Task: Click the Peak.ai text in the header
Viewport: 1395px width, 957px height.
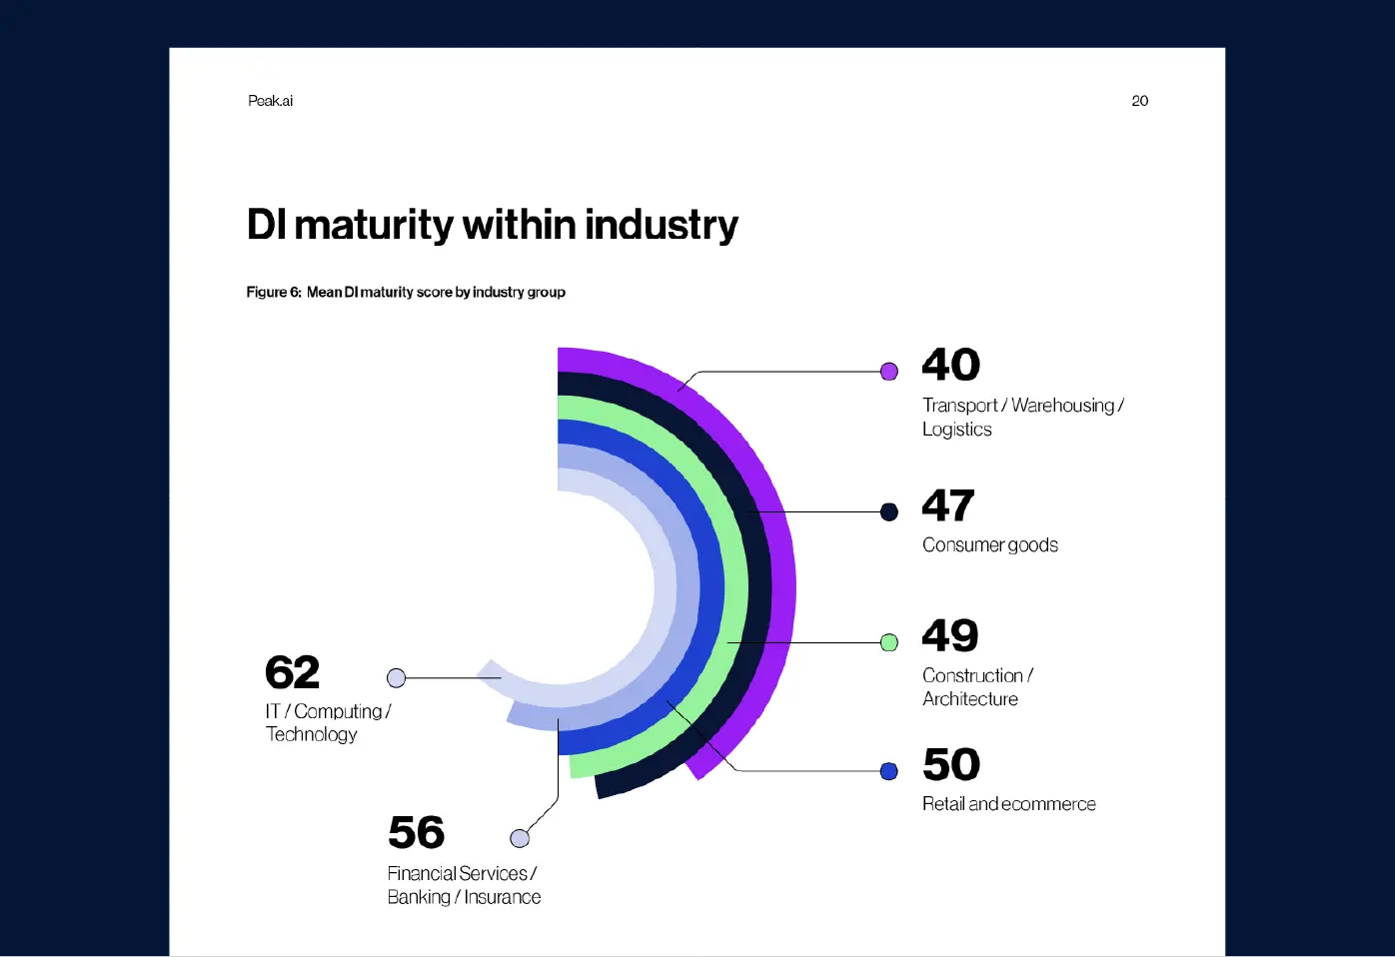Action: click(270, 101)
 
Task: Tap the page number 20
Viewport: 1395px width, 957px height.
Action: click(1139, 101)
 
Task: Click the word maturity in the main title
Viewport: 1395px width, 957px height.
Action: click(374, 226)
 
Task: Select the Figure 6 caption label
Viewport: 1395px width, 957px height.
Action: click(274, 292)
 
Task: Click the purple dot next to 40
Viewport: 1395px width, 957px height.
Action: click(889, 372)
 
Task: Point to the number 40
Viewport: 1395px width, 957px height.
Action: click(950, 365)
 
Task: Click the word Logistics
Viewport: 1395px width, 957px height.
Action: click(956, 430)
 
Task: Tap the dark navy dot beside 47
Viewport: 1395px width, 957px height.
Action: click(889, 512)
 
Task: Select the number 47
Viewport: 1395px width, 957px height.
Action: click(947, 505)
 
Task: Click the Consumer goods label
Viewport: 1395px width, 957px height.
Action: click(989, 545)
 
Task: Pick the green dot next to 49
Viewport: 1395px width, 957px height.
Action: click(889, 642)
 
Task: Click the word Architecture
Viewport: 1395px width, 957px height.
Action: click(969, 699)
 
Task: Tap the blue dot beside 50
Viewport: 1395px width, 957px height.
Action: click(889, 771)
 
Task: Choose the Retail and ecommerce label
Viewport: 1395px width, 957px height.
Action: click(1008, 804)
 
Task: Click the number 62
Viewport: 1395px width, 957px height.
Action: click(292, 672)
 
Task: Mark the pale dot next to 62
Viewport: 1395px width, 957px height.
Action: click(397, 678)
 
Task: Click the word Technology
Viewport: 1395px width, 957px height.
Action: click(311, 734)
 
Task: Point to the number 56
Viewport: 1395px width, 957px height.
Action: click(416, 832)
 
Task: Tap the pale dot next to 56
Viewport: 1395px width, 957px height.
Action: click(520, 838)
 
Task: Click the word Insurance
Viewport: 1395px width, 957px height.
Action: click(502, 897)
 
